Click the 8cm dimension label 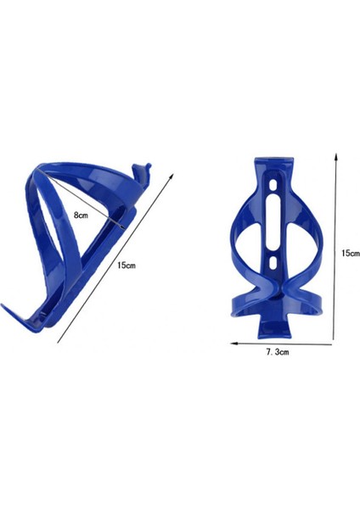(80, 215)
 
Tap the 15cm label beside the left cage (125, 266)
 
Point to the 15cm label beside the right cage (348, 253)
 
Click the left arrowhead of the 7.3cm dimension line (232, 344)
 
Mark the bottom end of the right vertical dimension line (337, 339)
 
